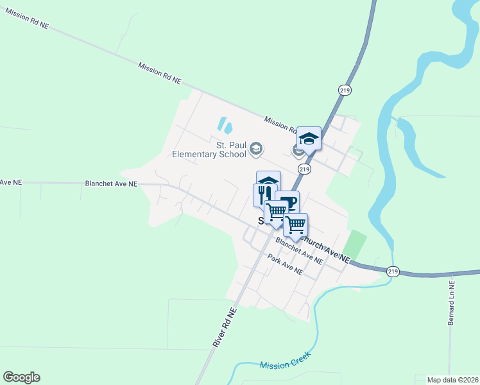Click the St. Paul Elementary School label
(x=209, y=150)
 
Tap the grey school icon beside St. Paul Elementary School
(x=256, y=150)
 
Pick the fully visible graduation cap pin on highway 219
(x=309, y=139)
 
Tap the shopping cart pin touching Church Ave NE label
(x=296, y=225)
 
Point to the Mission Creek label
(x=286, y=361)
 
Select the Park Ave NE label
(x=286, y=264)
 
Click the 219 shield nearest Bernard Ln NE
(x=393, y=272)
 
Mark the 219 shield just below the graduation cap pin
(x=304, y=169)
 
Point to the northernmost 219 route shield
(x=345, y=90)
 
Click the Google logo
(x=21, y=377)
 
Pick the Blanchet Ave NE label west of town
(x=111, y=184)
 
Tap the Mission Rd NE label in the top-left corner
(x=27, y=18)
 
